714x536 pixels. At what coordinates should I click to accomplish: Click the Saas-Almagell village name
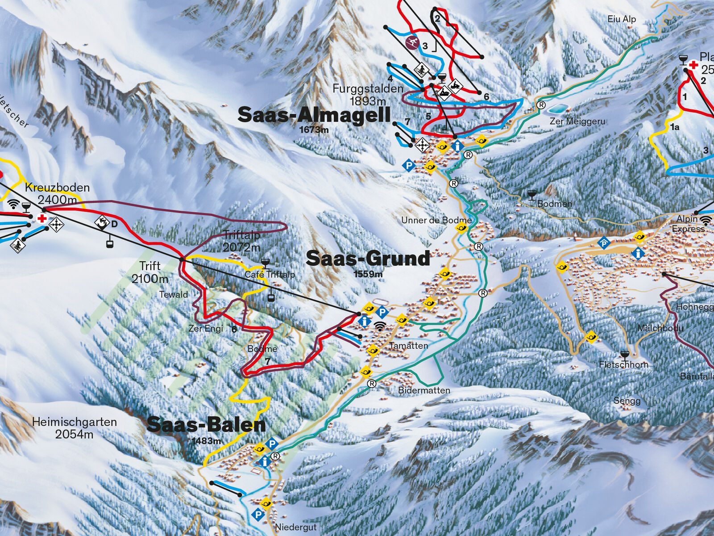click(314, 115)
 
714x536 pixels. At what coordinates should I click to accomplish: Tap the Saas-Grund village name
click(368, 259)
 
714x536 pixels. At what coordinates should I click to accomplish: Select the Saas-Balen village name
click(206, 425)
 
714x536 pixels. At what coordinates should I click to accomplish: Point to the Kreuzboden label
click(57, 188)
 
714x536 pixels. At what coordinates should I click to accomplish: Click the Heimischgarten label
click(75, 422)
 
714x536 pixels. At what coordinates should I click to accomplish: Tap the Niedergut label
click(295, 527)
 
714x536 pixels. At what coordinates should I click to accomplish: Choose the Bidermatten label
click(424, 390)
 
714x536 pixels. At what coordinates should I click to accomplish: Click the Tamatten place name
click(408, 346)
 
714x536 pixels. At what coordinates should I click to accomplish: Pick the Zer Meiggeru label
click(577, 121)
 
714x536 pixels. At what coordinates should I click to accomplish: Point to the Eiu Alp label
click(622, 19)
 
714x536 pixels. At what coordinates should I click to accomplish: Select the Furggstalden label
click(368, 89)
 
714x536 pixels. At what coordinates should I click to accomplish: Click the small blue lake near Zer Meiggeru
click(558, 109)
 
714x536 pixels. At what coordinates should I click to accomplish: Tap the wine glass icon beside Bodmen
click(531, 195)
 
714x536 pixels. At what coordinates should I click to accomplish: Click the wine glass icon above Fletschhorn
click(625, 355)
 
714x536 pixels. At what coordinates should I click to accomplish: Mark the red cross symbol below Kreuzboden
click(42, 218)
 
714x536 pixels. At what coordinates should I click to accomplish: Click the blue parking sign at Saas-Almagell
click(408, 166)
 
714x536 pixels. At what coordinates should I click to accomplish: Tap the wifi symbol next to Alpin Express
click(706, 220)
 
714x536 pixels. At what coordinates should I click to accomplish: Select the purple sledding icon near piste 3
click(412, 43)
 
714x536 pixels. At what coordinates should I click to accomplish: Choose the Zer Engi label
click(206, 328)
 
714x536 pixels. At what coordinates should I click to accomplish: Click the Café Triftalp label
click(270, 274)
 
